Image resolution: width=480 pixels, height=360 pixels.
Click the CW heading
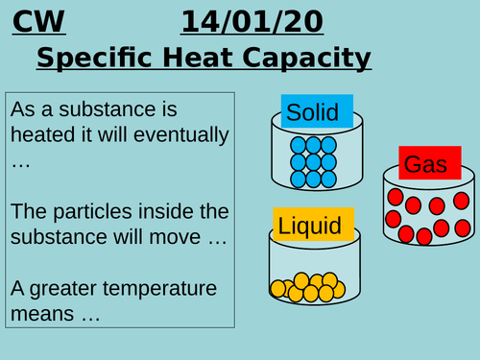(x=33, y=20)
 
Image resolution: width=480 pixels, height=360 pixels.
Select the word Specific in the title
(x=92, y=59)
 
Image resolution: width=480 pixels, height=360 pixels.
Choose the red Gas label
(x=425, y=165)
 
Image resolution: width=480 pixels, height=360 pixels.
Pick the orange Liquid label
(x=311, y=227)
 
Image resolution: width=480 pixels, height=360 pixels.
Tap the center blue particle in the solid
(x=313, y=161)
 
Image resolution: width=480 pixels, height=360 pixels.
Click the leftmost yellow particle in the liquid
(x=278, y=288)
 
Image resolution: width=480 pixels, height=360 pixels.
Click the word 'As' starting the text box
(x=21, y=110)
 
